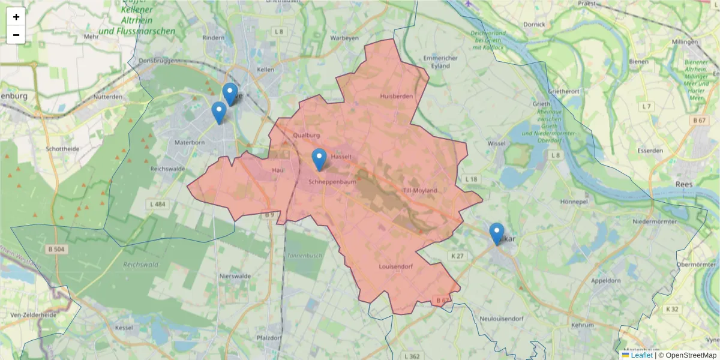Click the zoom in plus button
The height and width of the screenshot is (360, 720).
[16, 17]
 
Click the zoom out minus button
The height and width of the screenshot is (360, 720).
[16, 35]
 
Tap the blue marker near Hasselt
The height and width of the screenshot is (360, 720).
[319, 159]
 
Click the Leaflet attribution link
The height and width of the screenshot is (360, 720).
[641, 355]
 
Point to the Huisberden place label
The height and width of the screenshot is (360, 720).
[397, 96]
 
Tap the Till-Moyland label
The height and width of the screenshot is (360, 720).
[421, 191]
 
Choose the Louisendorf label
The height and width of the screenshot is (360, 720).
[396, 266]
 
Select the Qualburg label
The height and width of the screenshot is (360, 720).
[307, 136]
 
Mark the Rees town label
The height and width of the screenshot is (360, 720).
[683, 184]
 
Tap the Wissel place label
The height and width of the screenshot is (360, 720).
[497, 144]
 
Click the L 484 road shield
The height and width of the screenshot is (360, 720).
[157, 205]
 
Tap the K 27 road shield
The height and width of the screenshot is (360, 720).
[457, 256]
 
